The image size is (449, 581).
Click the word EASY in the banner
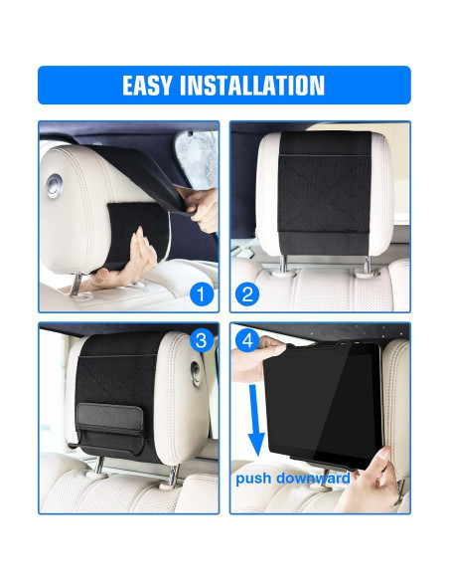147,86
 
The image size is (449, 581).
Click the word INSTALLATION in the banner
252,86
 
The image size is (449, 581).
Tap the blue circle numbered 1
202,294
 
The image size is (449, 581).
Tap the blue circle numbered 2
247,294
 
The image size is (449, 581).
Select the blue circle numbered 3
202,340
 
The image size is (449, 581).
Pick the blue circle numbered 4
247,340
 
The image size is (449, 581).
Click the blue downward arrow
255,420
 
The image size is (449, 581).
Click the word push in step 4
253,479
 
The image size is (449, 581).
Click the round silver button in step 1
55,185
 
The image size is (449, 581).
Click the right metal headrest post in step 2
367,266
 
